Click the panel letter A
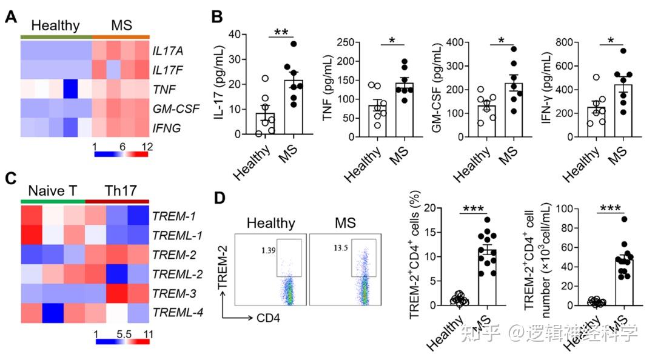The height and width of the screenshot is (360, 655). point(10,17)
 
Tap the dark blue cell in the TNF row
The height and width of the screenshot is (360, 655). point(70,89)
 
